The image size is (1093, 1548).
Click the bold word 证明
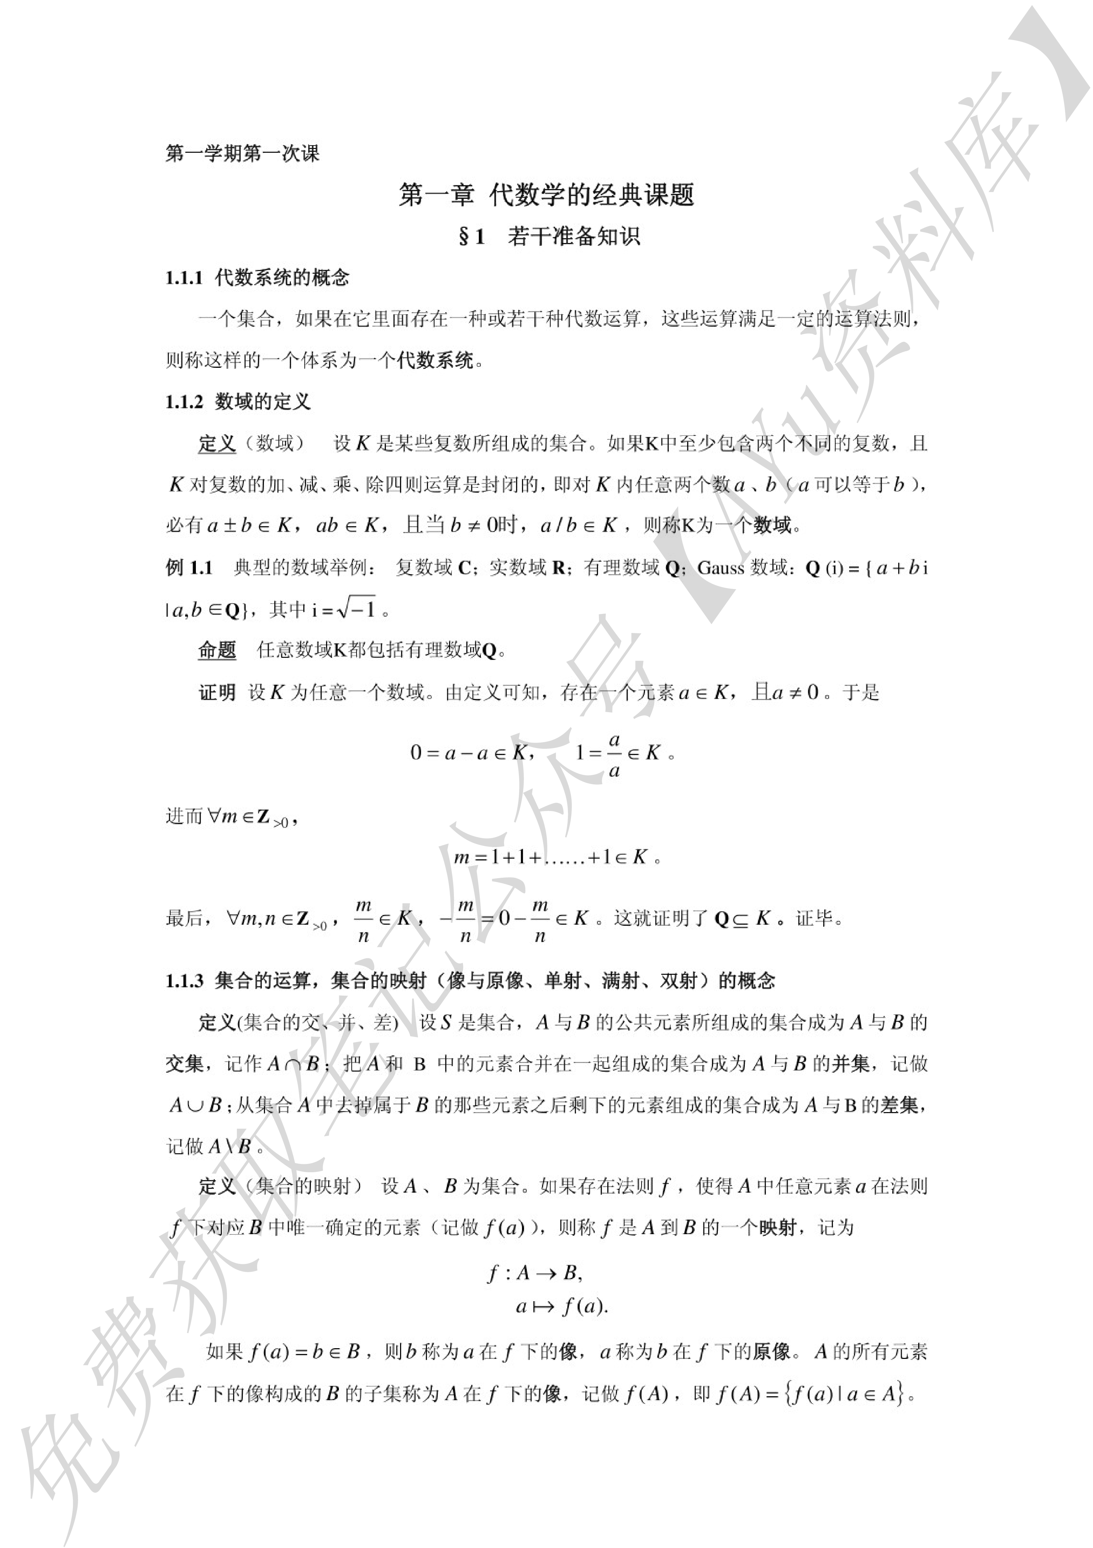click(217, 692)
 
